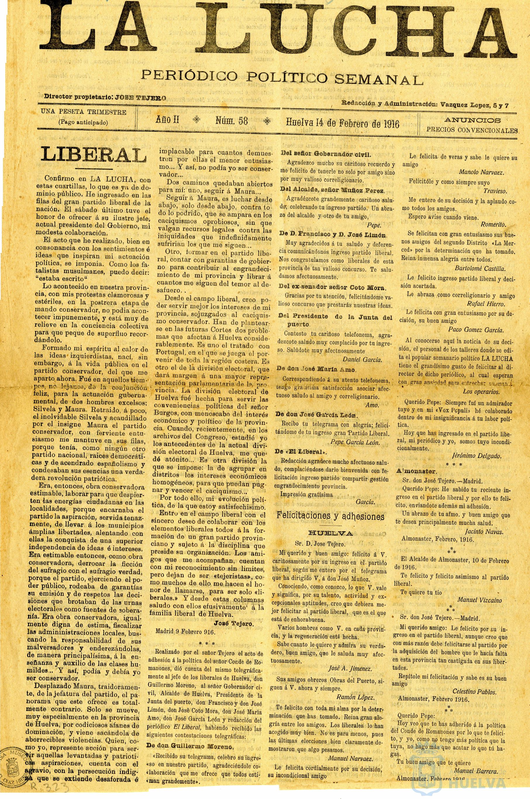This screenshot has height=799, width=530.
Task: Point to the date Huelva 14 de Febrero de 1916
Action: coord(342,123)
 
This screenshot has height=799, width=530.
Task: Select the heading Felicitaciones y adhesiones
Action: coord(331,517)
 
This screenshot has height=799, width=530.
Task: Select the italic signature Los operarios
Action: coord(487,392)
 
